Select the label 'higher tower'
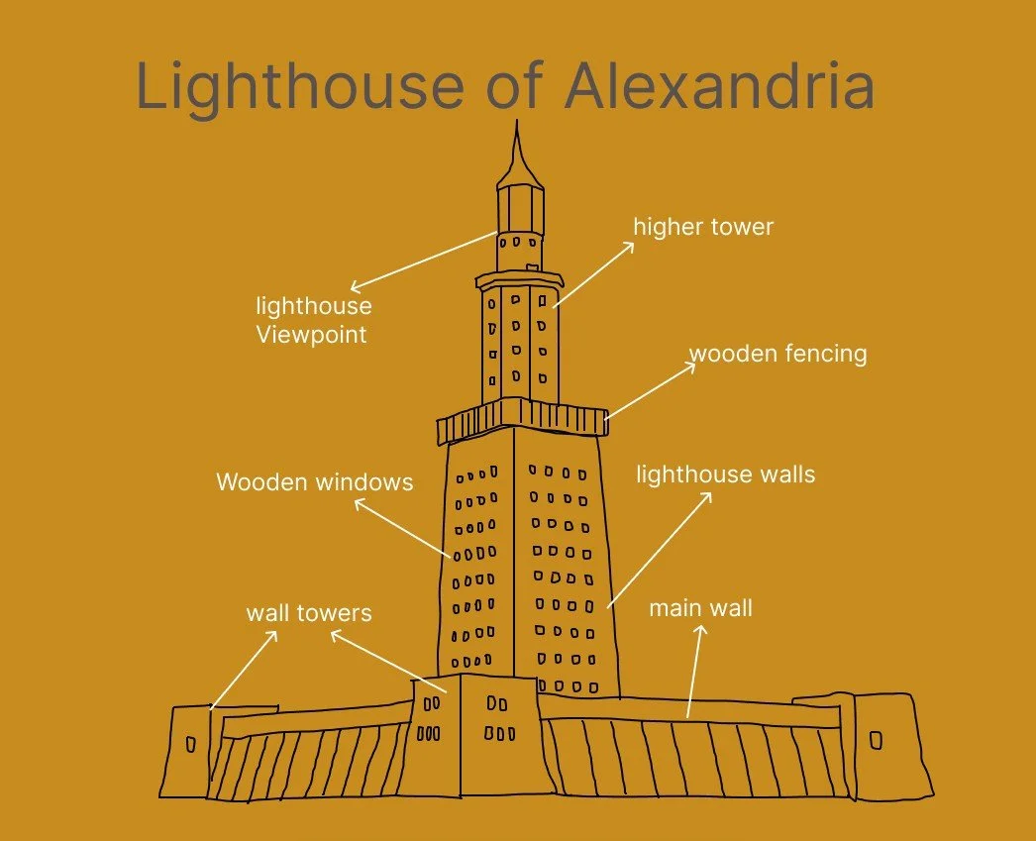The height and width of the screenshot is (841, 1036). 703,227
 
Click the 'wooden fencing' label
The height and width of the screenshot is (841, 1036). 777,354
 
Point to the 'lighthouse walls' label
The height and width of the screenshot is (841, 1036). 725,474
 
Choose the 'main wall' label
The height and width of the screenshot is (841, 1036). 700,607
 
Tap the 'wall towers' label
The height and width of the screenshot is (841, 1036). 309,613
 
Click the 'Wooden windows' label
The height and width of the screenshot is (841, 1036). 314,482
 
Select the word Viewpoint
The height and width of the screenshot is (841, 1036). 311,335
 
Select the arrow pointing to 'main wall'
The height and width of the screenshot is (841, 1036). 694,670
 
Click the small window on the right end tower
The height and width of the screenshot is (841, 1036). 876,740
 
